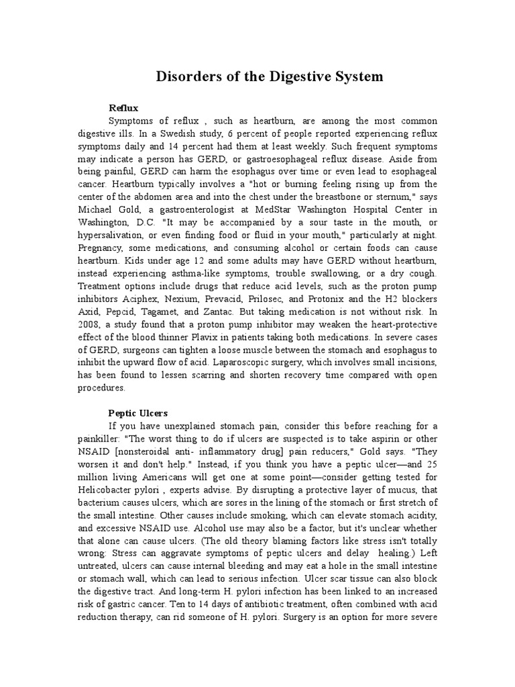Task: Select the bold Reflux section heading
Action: [x=123, y=107]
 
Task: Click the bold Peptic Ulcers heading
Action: [x=138, y=413]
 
